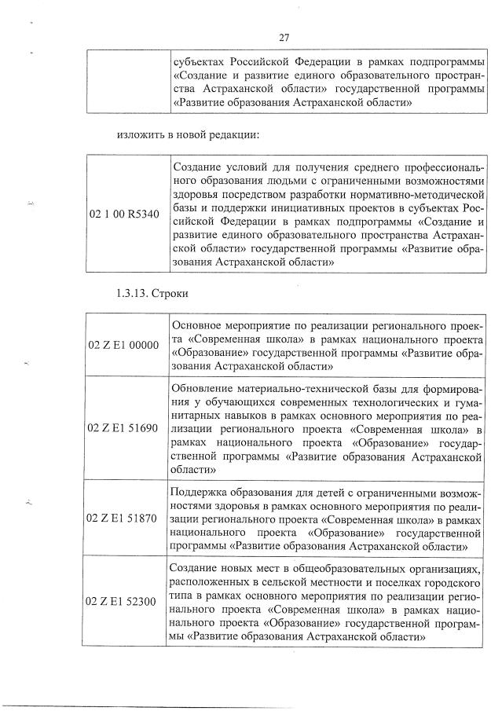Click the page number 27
pyautogui.click(x=285, y=36)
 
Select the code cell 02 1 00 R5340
pyautogui.click(x=126, y=214)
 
